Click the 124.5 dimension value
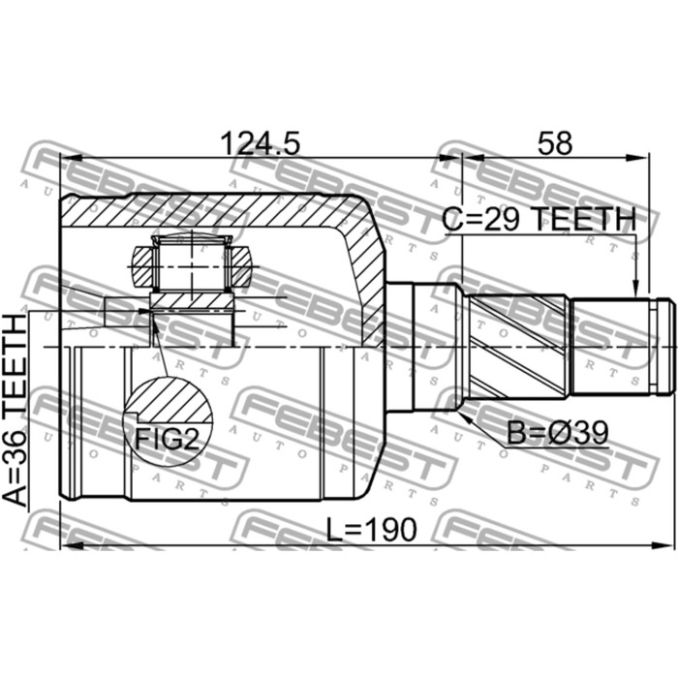point(260,143)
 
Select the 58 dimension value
point(555,143)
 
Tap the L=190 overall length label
point(371,530)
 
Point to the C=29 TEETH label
point(539,219)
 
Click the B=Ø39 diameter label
point(558,433)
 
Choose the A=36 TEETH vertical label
point(15,410)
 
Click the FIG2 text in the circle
point(167,440)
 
